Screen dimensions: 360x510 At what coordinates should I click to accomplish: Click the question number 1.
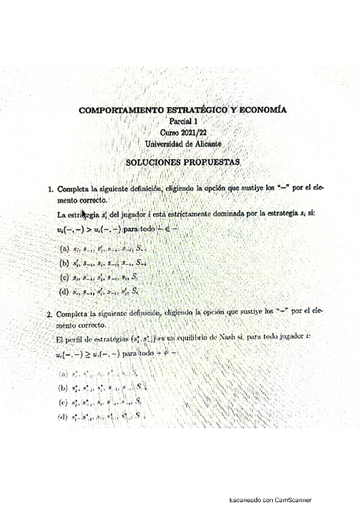(50, 188)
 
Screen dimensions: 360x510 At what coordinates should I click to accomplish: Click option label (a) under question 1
(64, 248)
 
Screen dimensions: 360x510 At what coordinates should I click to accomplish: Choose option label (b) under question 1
(64, 262)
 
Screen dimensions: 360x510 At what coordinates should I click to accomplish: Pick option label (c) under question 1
(64, 277)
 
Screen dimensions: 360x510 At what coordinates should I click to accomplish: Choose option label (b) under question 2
(63, 388)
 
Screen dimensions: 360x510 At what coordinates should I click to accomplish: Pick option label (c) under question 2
(63, 402)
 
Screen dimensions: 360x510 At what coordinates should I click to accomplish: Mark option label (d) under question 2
(63, 416)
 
